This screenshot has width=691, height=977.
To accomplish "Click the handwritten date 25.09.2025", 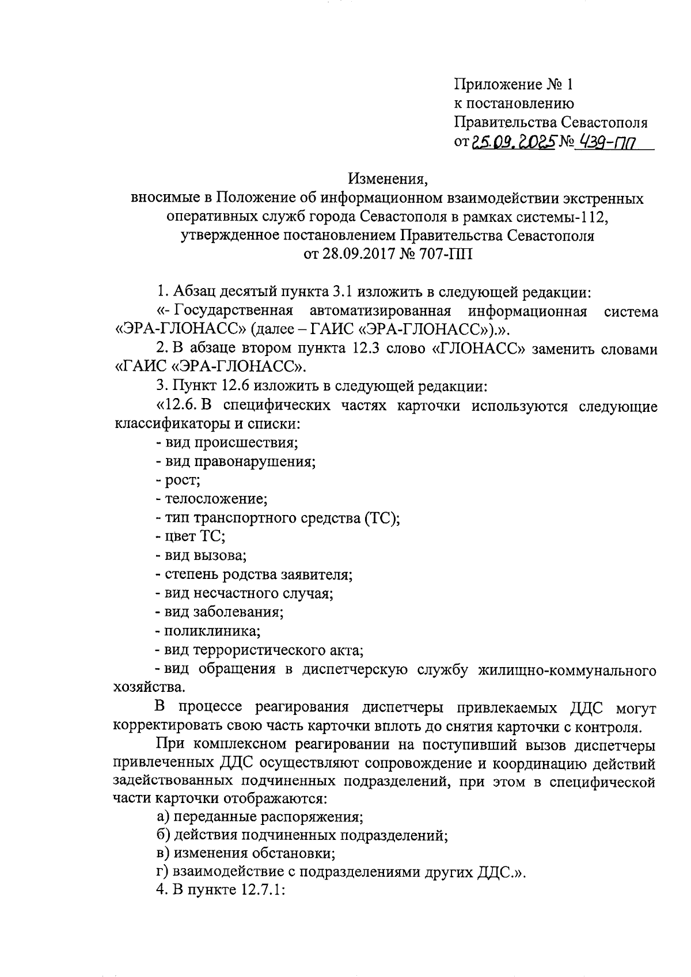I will coord(512,142).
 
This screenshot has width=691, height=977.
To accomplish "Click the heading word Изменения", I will coord(386,180).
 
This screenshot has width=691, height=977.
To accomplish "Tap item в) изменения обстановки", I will coord(245,854).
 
